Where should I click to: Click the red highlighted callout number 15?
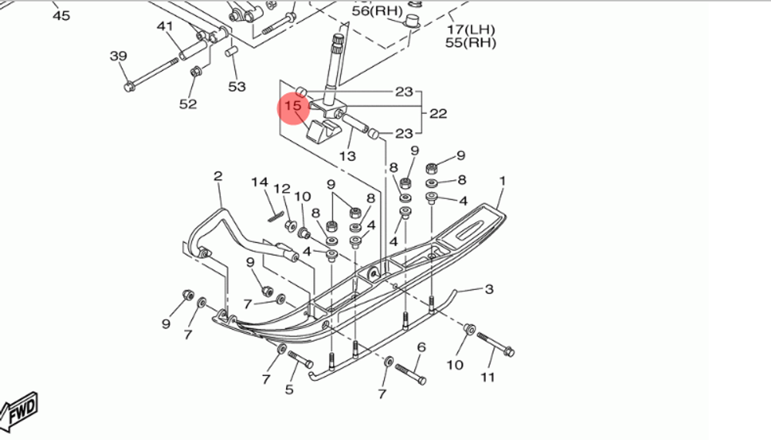293,106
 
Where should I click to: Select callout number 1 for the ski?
503,181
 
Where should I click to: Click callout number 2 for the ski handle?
217,176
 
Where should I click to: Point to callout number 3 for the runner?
488,290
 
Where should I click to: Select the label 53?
237,87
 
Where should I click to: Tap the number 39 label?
118,56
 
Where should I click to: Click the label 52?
188,104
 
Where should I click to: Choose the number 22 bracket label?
438,113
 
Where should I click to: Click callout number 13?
348,156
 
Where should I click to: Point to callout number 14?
259,183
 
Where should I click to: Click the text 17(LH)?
470,29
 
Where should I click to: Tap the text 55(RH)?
470,43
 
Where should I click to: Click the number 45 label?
60,15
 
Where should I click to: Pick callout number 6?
421,348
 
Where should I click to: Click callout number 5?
289,389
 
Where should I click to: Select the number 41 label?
165,27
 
